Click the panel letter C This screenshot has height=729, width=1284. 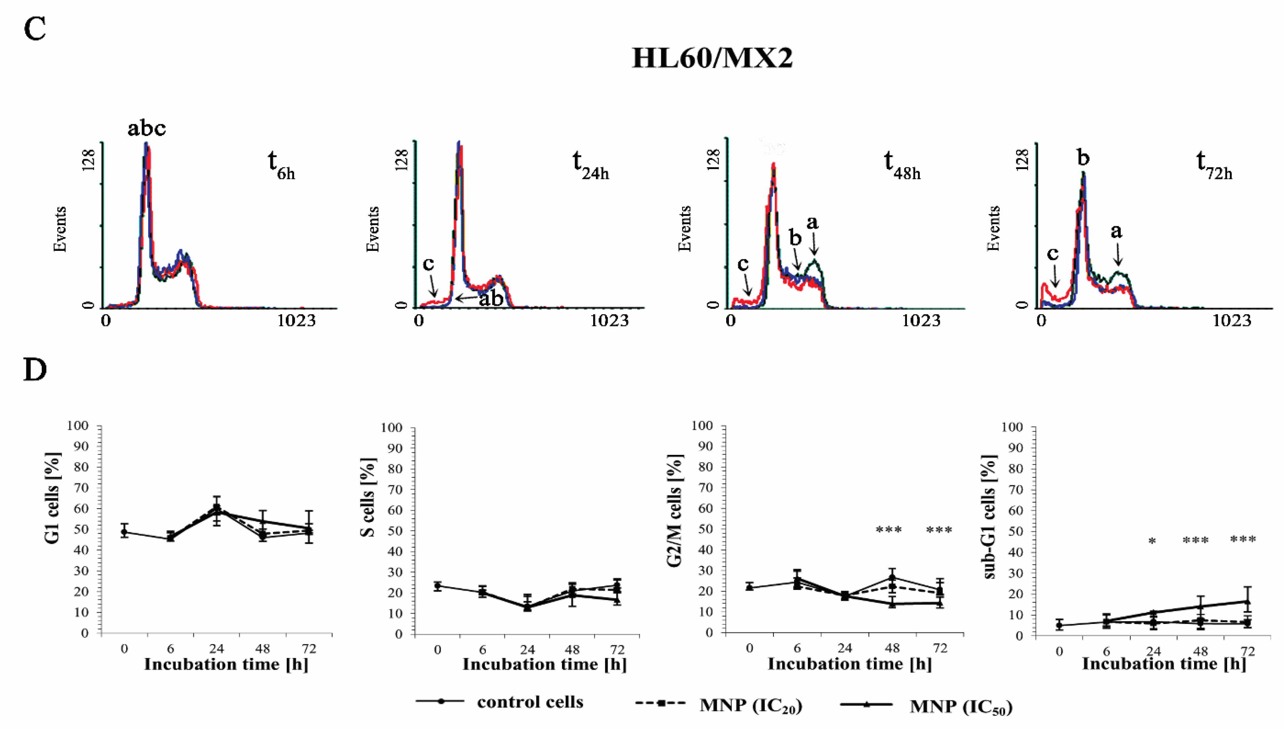[x=35, y=29]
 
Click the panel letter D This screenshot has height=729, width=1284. [x=35, y=370]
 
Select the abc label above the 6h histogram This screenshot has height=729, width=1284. [x=146, y=128]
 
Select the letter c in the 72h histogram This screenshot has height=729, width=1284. [x=1053, y=254]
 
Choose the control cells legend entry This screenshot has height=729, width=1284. [x=530, y=702]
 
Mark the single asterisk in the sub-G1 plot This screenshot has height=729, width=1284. [x=1152, y=542]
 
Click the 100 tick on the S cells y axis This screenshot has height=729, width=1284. [x=392, y=428]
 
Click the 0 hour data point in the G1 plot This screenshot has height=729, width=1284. [x=124, y=532]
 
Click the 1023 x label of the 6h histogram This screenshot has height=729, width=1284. [x=296, y=321]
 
